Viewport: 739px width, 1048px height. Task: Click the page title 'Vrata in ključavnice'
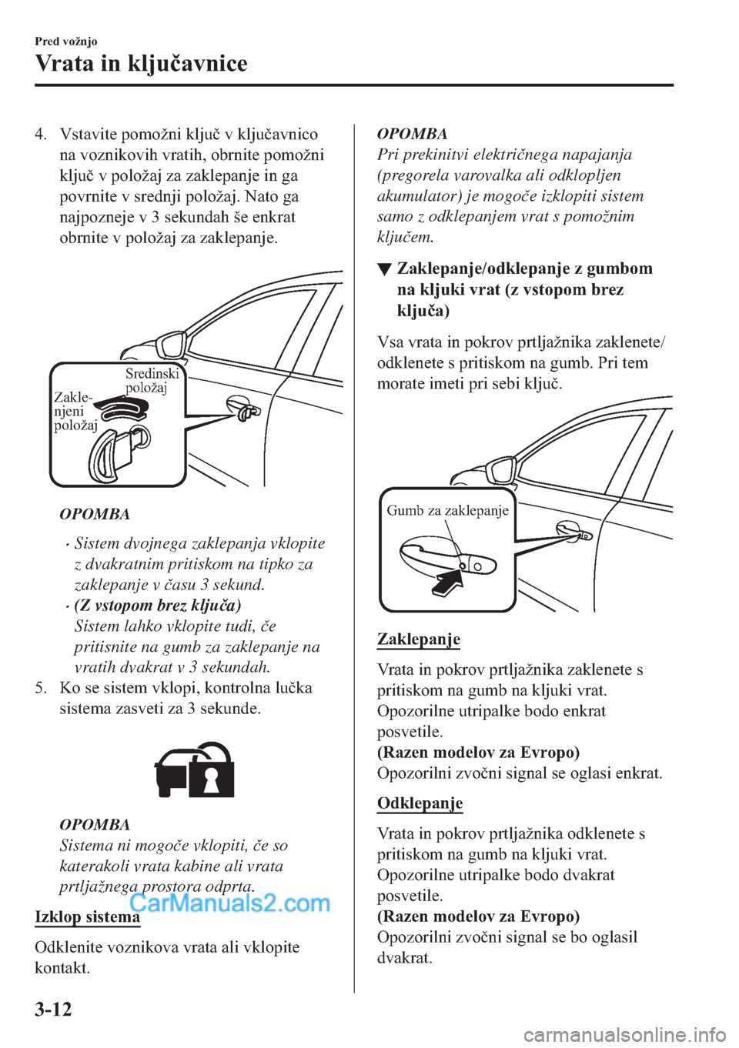click(142, 62)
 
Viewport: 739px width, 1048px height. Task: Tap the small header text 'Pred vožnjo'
click(66, 42)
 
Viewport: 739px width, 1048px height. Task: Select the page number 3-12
click(53, 1008)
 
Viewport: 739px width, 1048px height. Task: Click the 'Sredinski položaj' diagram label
click(152, 380)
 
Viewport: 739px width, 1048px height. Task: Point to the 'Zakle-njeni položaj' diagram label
click(74, 411)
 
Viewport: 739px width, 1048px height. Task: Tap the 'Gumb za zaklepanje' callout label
click(447, 510)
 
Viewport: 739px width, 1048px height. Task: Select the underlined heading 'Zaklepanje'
click(419, 639)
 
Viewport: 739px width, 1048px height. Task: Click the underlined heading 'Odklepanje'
click(420, 803)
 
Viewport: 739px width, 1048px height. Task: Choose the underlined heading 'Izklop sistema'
click(88, 917)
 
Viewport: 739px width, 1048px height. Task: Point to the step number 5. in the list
click(41, 687)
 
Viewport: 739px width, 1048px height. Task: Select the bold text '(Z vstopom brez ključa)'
click(157, 605)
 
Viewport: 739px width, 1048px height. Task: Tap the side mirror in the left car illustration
click(170, 342)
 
